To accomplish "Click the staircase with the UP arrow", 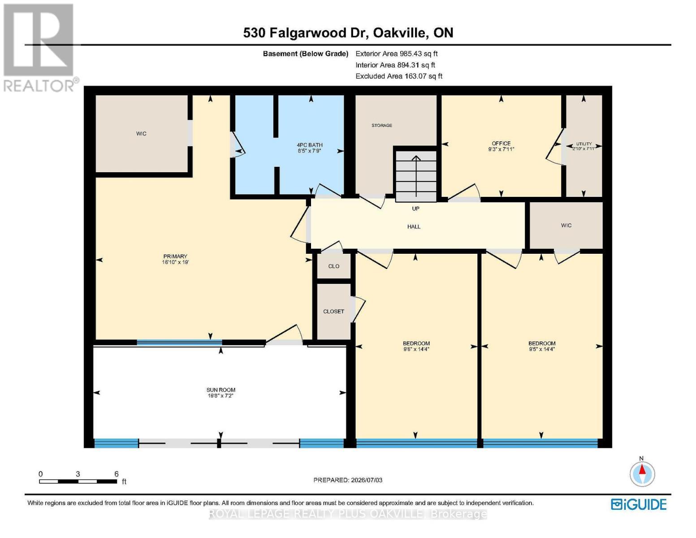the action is (x=416, y=176).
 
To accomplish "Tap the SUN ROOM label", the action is (x=220, y=390).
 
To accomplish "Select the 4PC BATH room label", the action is (x=309, y=145).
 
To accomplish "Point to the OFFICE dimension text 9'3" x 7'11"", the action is (x=501, y=149).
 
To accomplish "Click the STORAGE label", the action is (x=382, y=125).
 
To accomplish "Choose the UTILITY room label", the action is (x=584, y=144).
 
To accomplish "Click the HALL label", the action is (x=414, y=226).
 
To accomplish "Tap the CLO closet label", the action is (x=334, y=266).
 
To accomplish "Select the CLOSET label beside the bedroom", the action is (x=334, y=312).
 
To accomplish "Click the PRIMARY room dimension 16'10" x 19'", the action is (x=175, y=262).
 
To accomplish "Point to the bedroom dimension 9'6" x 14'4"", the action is (x=416, y=349).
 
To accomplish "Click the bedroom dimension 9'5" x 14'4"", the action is (x=542, y=349).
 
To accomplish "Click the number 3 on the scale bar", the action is (x=78, y=474).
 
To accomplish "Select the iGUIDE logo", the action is (x=639, y=504).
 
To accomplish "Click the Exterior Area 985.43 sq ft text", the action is (x=397, y=53).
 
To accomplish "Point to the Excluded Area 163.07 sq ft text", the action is (x=399, y=76).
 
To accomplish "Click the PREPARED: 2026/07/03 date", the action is (x=348, y=480).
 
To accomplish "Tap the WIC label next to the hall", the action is (x=566, y=225).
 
